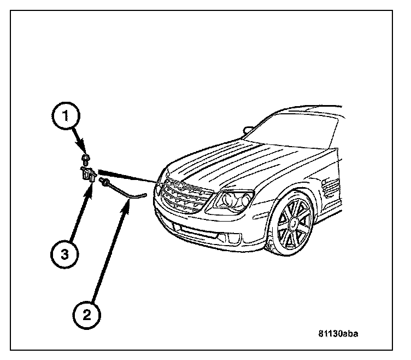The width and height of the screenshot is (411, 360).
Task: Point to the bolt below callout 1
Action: click(x=85, y=159)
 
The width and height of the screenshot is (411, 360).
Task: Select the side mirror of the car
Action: click(x=248, y=130)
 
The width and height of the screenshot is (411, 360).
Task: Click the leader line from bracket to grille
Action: click(x=131, y=176)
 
